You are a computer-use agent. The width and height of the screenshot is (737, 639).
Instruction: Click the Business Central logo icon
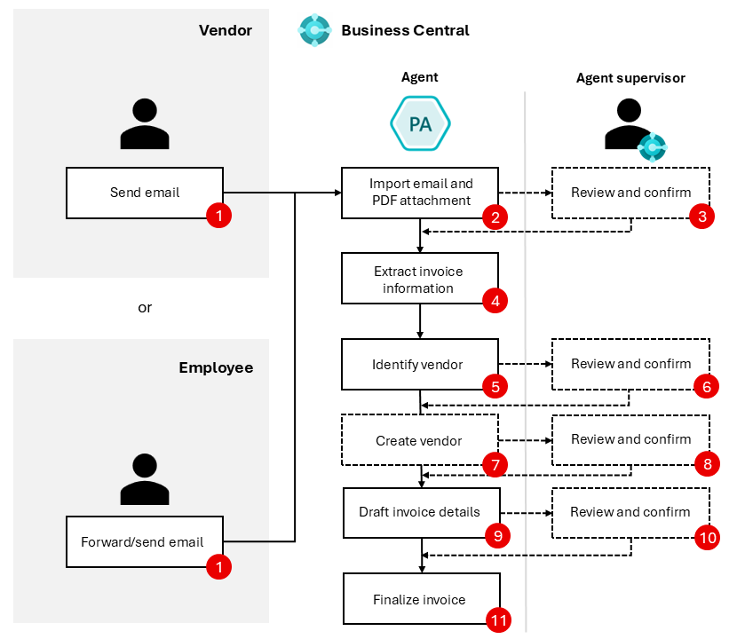314,30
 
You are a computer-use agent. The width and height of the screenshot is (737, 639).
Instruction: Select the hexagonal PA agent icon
420,123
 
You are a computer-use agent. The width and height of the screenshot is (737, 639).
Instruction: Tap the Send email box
144,193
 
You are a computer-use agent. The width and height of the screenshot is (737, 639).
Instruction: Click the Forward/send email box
142,541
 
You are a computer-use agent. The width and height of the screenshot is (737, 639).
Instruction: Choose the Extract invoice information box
419,279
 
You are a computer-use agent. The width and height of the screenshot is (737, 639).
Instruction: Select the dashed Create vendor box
419,440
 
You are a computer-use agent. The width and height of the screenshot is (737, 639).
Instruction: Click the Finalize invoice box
419,599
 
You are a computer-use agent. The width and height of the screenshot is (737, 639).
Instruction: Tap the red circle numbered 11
499,620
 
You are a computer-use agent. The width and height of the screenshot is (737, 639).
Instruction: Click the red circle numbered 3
702,215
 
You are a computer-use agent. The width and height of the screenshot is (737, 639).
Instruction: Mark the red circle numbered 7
494,463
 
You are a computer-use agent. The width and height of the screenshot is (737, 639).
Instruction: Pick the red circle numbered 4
494,301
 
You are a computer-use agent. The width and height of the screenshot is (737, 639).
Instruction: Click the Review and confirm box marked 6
630,364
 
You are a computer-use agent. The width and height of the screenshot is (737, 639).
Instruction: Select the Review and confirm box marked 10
630,512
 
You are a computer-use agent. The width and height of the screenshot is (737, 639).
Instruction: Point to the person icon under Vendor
144,124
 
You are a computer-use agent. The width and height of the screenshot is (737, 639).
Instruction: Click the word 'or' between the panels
145,308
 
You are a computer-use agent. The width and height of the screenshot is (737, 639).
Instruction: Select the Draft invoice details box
419,512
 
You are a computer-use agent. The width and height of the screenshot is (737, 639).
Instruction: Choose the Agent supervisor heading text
630,78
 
